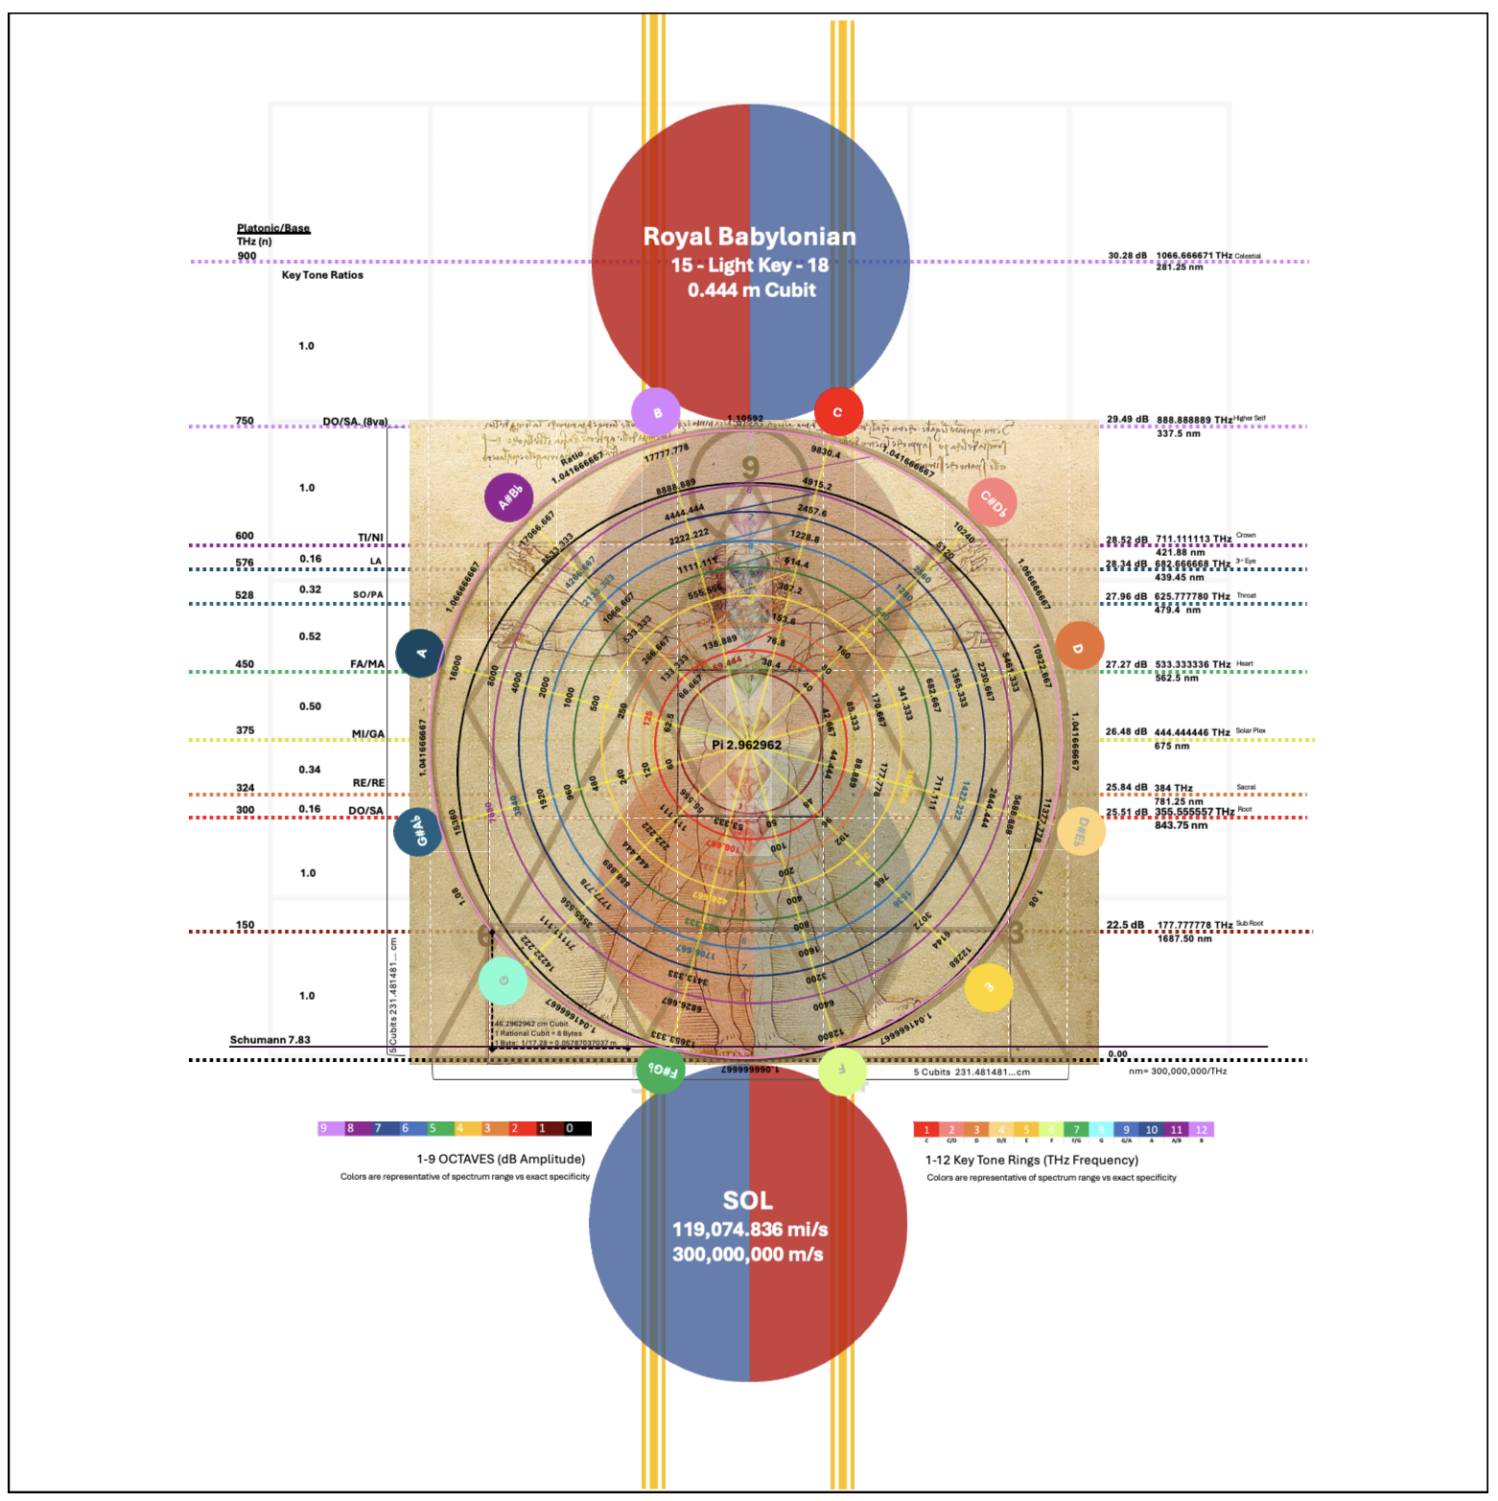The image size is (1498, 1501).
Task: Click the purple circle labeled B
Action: (x=656, y=413)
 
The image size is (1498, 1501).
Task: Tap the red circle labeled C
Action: (x=838, y=412)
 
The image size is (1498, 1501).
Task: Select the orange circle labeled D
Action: (x=1080, y=646)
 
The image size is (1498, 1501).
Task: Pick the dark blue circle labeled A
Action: (x=420, y=654)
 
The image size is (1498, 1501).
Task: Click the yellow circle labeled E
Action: (x=989, y=987)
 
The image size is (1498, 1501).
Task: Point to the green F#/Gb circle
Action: (x=661, y=1071)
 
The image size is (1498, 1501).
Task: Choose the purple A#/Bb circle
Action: (x=509, y=497)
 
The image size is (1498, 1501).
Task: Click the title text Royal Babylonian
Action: (x=749, y=237)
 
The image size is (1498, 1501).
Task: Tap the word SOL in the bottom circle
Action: (x=748, y=1201)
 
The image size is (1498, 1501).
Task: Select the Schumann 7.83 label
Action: (x=269, y=1040)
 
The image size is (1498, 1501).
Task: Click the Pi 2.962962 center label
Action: (x=746, y=745)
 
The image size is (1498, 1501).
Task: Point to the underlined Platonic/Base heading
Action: (x=273, y=228)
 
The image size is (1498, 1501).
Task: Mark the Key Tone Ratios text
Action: (x=322, y=275)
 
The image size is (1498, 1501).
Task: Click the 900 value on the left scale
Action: (x=246, y=256)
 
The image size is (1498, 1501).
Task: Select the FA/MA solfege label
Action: (x=367, y=664)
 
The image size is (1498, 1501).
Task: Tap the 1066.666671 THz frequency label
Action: (x=1194, y=256)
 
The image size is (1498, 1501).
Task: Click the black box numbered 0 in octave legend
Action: (x=570, y=1129)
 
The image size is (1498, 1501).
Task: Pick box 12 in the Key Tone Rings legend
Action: (x=1202, y=1130)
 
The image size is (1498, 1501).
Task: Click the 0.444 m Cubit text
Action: (x=751, y=290)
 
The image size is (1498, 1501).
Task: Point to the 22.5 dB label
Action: (x=1125, y=926)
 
